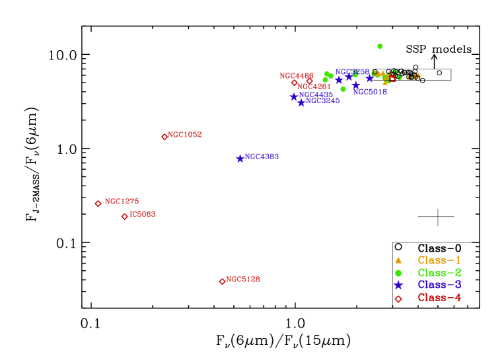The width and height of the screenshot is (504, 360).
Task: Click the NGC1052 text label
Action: click(x=185, y=135)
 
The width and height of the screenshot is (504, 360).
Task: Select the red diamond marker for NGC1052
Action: click(x=164, y=137)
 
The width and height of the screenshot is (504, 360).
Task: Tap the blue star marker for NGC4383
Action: click(x=240, y=159)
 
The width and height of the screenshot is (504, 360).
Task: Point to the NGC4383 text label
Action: click(x=262, y=157)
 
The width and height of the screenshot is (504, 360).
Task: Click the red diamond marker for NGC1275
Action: click(x=98, y=203)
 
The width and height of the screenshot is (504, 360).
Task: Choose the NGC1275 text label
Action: click(x=122, y=201)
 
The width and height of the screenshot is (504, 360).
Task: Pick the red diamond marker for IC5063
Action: click(x=125, y=217)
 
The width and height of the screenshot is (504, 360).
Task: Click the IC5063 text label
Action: click(x=143, y=215)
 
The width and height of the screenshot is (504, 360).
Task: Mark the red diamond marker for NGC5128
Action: click(x=222, y=281)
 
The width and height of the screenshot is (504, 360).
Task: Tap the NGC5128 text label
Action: click(x=243, y=279)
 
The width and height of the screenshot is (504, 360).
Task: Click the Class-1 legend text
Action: click(x=439, y=260)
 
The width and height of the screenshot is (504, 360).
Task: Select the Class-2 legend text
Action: click(x=439, y=273)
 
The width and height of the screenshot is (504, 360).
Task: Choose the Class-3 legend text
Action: click(x=439, y=285)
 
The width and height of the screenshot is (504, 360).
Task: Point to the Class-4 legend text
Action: click(x=439, y=298)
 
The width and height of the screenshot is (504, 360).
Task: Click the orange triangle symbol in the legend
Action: click(x=398, y=260)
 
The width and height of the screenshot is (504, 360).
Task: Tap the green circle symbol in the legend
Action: click(x=398, y=273)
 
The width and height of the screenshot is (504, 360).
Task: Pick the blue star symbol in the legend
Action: click(x=398, y=285)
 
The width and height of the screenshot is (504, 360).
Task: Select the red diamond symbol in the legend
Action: click(x=398, y=299)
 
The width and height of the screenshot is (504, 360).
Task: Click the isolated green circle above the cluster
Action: click(x=380, y=46)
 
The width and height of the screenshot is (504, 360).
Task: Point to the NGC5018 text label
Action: click(x=370, y=92)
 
